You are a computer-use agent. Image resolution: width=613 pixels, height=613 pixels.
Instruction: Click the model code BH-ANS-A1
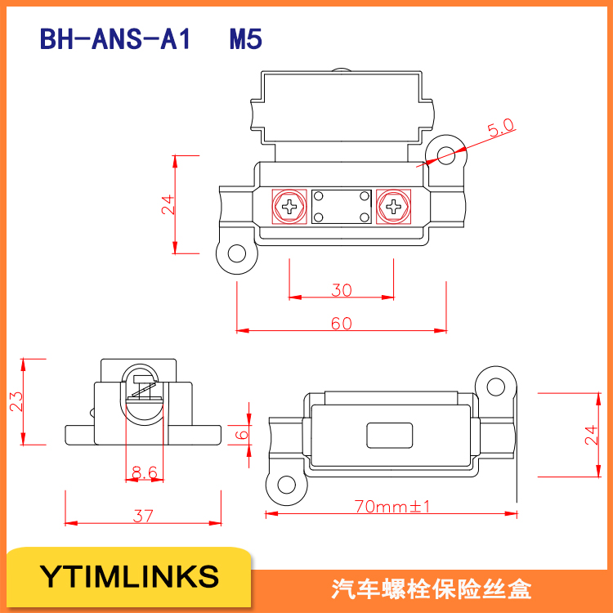tap(114, 39)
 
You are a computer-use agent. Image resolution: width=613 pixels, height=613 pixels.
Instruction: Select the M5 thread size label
tap(245, 39)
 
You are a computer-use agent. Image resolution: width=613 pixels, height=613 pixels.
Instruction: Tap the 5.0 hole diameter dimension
tap(500, 128)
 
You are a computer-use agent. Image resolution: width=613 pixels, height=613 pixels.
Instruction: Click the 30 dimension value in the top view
tap(342, 289)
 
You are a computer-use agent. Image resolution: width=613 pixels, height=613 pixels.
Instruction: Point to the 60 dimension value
tap(342, 323)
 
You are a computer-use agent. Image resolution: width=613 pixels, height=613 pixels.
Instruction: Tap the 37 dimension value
tap(143, 516)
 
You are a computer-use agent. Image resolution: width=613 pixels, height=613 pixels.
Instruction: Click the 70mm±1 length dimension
tap(392, 507)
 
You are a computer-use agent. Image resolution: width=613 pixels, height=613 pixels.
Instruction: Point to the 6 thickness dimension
tap(241, 434)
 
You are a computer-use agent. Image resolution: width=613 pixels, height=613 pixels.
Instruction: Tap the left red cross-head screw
tap(289, 206)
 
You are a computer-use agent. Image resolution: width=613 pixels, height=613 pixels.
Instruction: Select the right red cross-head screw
tap(394, 206)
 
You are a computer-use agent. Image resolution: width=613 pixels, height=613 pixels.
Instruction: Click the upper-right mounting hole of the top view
tap(445, 154)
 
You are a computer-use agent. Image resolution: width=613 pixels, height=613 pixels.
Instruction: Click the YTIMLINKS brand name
tap(130, 576)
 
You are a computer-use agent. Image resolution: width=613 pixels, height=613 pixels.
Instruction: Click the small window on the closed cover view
tap(389, 436)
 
